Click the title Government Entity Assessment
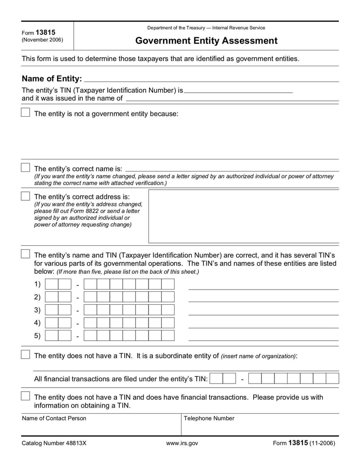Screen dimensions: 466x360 (x=206, y=41)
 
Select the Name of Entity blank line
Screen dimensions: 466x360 (x=211, y=79)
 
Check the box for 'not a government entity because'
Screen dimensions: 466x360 (x=26, y=113)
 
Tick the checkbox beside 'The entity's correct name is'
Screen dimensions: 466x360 (x=26, y=167)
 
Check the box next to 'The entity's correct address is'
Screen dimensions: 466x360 (x=26, y=196)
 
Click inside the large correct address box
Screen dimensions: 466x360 (x=243, y=216)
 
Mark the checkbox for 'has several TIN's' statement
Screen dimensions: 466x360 (x=26, y=254)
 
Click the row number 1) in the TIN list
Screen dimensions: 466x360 (x=37, y=284)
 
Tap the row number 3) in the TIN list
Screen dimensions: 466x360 (x=37, y=310)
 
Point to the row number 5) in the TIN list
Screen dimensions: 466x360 (x=37, y=335)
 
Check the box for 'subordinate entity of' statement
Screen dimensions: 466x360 (x=26, y=355)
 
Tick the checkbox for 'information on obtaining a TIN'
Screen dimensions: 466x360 (x=26, y=396)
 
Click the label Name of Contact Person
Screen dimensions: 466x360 (x=54, y=418)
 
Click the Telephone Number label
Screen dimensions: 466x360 (x=209, y=418)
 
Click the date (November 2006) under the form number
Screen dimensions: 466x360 (x=42, y=40)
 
